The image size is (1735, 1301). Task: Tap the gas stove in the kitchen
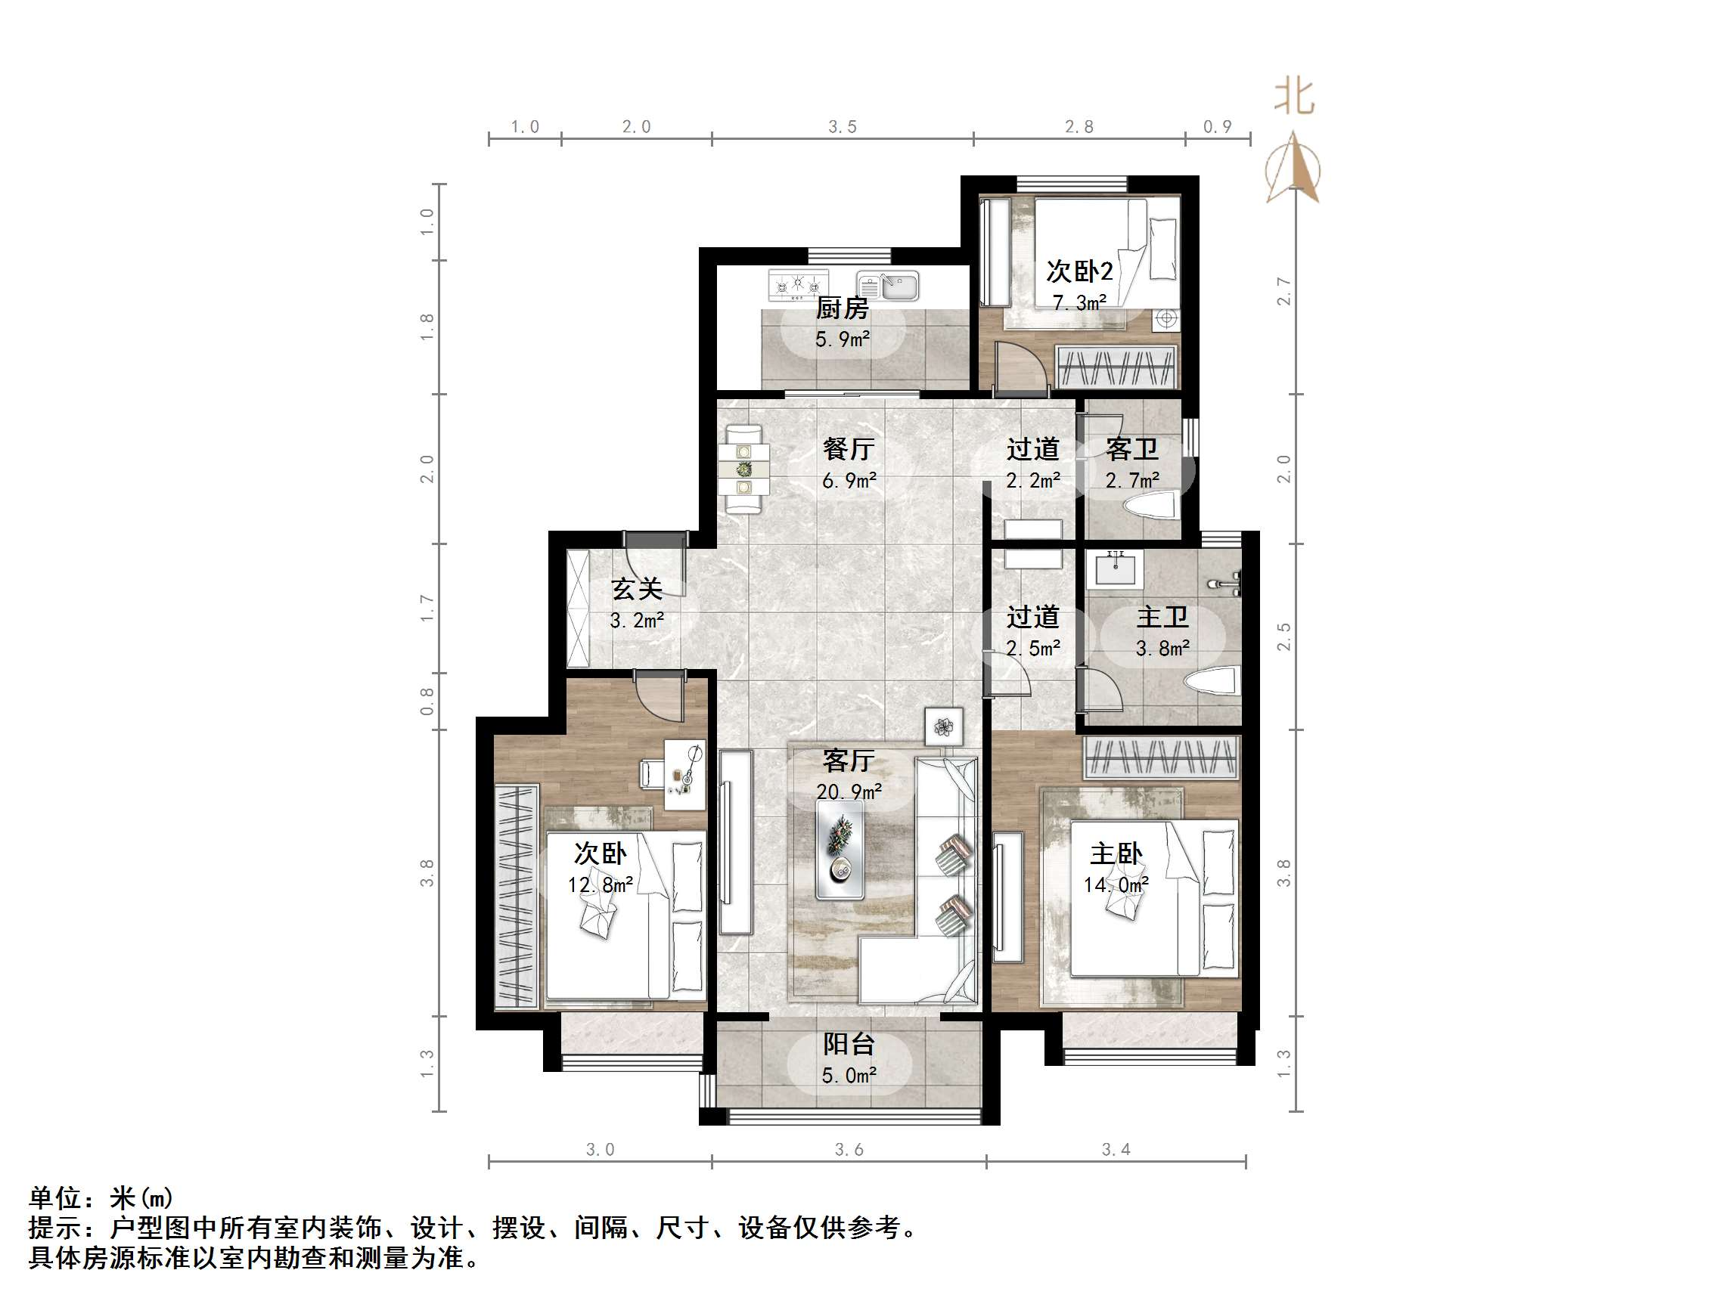click(798, 286)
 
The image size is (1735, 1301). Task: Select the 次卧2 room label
click(1079, 272)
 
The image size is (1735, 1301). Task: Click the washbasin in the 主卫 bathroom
click(1116, 568)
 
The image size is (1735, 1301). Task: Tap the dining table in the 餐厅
click(743, 469)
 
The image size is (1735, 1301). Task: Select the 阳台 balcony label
click(849, 1045)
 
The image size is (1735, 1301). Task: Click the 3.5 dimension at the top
click(843, 127)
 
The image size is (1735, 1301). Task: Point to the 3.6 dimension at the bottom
click(849, 1150)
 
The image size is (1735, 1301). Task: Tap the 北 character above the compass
click(1293, 98)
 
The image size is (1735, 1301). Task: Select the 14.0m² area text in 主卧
click(1116, 885)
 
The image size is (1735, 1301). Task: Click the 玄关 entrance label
click(637, 589)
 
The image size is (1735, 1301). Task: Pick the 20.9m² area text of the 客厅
click(849, 792)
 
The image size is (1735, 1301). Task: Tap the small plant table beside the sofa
click(944, 727)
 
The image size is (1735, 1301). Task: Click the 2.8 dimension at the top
click(1079, 127)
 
